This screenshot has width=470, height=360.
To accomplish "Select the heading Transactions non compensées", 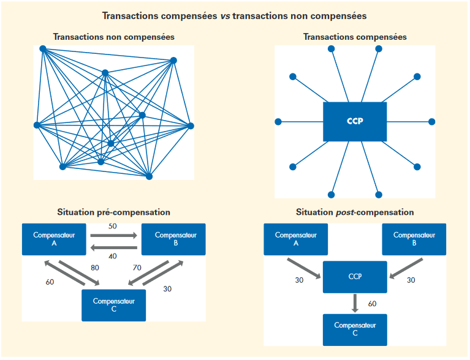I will coord(114,37).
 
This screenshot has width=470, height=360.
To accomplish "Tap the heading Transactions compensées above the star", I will coord(355,37).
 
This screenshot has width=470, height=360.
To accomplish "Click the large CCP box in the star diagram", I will coord(355,121).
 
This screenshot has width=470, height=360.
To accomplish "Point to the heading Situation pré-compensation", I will coord(113,212).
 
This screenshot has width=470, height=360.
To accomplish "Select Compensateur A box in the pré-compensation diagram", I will coord(53,239).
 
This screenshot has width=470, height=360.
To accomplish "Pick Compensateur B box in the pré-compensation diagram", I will coord(174,239).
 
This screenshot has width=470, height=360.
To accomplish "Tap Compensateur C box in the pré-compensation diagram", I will coord(113,304).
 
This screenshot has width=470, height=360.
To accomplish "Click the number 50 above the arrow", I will coord(113,227).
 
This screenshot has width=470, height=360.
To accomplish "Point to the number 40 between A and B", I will coord(113,257).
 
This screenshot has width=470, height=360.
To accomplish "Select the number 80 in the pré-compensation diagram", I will coord(95,268).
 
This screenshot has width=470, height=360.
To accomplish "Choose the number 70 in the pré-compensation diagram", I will coord(137,268).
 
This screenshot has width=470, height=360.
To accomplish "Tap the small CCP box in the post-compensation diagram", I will coord(355,277).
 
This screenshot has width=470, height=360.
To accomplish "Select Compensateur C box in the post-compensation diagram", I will coord(355,329).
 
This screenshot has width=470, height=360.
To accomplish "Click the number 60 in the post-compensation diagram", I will coord(373,304).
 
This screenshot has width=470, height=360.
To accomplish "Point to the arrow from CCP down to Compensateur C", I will coord(355,303).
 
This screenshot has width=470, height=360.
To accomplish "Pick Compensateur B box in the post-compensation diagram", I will coord(414,239).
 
